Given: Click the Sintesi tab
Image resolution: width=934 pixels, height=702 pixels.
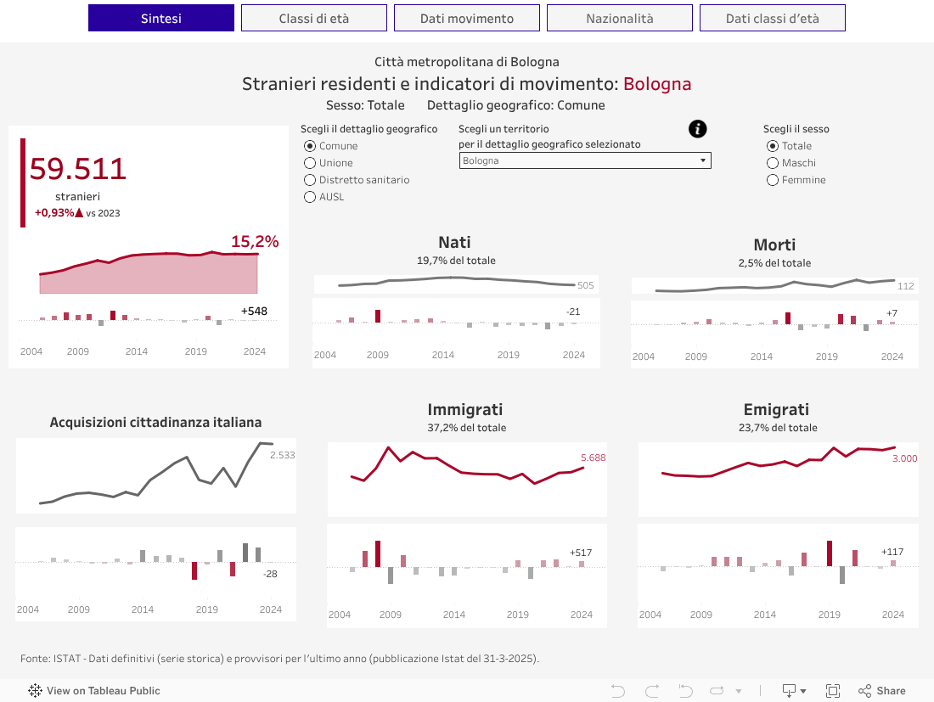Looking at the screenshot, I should [161, 18].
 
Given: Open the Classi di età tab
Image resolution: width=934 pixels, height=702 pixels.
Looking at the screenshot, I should [314, 18].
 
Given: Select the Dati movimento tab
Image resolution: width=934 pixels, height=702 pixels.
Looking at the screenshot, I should [467, 18].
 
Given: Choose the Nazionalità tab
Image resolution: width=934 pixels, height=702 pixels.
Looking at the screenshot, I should [620, 18].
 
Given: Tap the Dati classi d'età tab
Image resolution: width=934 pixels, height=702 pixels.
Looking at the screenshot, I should [773, 18].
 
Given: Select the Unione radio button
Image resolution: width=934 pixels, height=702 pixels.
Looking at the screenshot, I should [310, 163].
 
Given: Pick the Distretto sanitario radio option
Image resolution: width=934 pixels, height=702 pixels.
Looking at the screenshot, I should [310, 180].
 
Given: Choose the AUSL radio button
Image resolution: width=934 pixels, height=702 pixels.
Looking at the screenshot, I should [310, 197].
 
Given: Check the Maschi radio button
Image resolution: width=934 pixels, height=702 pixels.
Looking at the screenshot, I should [773, 163].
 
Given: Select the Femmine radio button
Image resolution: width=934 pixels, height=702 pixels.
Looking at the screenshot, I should [773, 180].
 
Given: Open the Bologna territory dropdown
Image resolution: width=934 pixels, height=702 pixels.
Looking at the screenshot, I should [585, 160].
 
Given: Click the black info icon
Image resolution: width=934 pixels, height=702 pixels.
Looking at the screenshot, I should [698, 129].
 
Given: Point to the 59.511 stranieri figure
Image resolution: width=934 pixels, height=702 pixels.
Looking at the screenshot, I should [78, 169].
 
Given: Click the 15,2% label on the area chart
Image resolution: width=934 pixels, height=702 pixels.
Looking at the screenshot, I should [255, 242].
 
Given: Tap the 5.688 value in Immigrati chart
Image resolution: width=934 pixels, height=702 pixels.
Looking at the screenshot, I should [594, 458].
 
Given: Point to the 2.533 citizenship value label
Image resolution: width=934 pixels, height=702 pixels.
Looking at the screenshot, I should [283, 455].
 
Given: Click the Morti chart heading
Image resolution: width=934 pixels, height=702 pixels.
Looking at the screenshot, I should [774, 244].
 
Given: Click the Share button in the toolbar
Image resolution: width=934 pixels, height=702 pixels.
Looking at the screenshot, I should [882, 691].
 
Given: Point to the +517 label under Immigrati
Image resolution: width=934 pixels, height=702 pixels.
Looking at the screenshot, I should [581, 553].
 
